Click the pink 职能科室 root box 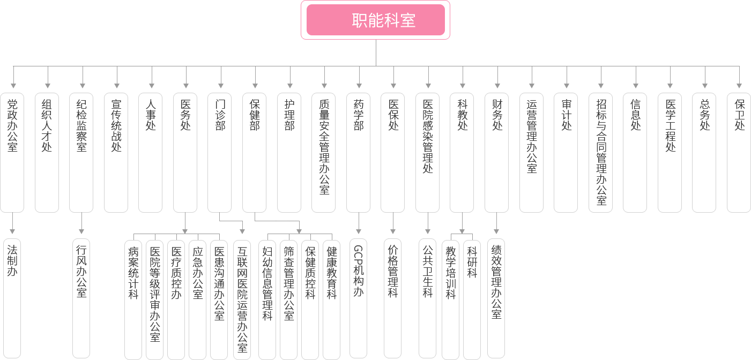(375, 20)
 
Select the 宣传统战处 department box (116, 152)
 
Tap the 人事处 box (151, 152)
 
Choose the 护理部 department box (289, 152)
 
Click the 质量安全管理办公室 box (324, 152)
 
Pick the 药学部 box (358, 152)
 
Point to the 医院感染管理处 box (427, 152)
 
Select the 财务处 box (497, 152)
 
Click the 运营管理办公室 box (531, 152)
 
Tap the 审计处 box (566, 152)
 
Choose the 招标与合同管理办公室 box (601, 152)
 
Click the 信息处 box (635, 152)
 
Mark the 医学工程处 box (670, 152)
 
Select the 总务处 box (704, 152)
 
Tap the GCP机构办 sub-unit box (358, 298)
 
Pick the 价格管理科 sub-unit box (393, 298)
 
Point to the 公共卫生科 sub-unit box (427, 298)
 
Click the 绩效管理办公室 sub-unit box (496, 298)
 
